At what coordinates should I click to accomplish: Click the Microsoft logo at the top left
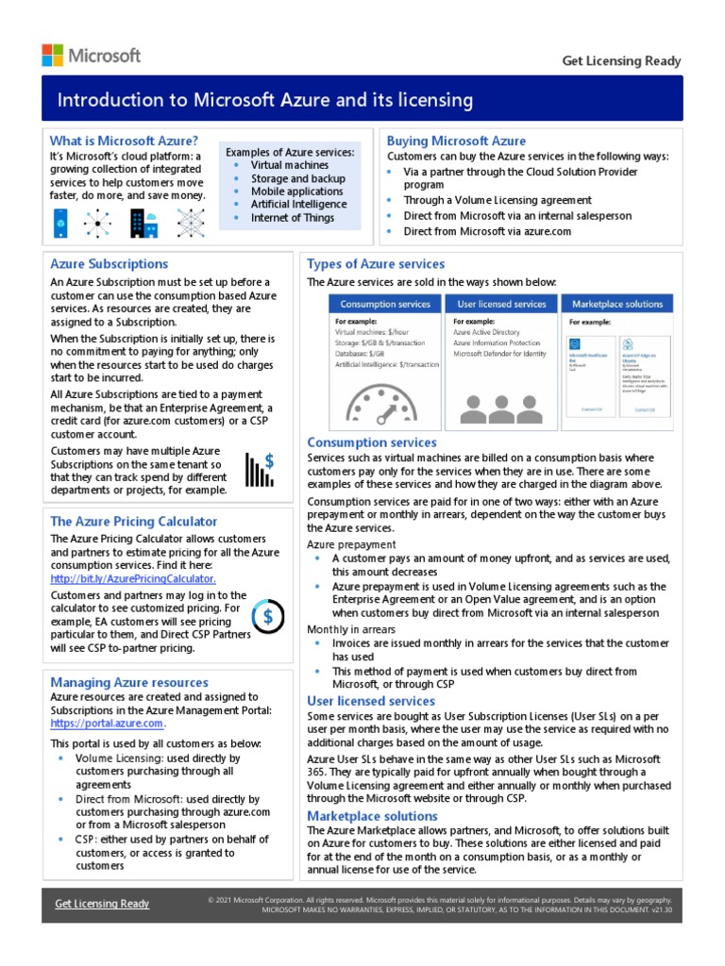click(91, 55)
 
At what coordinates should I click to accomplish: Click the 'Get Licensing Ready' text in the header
click(621, 61)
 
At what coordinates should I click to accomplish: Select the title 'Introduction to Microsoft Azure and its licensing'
click(265, 100)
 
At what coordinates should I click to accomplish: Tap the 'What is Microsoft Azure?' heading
click(124, 141)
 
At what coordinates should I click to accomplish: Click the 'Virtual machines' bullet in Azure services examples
click(290, 165)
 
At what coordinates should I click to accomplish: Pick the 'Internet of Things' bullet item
click(293, 218)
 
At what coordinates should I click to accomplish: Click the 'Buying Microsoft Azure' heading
click(456, 141)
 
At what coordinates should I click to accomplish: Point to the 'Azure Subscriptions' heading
click(109, 264)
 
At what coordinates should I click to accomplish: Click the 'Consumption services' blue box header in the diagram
click(385, 304)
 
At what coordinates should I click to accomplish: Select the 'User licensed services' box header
click(501, 304)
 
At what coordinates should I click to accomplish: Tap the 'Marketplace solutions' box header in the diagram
click(617, 304)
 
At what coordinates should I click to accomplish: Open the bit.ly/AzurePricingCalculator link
click(133, 578)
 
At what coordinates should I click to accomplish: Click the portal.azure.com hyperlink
click(107, 724)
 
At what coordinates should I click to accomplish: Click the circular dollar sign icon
click(268, 616)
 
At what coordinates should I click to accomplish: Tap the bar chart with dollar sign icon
click(260, 468)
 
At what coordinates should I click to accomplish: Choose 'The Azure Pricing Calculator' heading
click(133, 521)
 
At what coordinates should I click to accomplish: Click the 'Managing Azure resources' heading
click(129, 682)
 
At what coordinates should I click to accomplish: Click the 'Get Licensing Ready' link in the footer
click(102, 904)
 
